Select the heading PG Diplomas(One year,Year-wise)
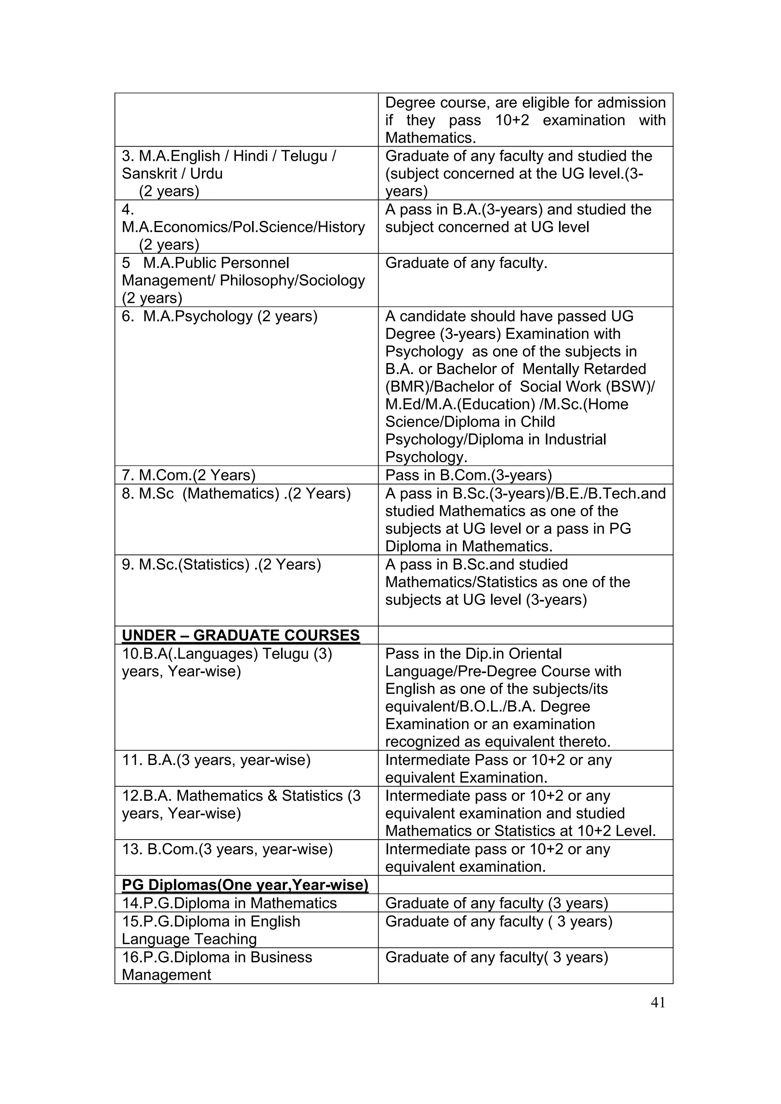click(245, 885)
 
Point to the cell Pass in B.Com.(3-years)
click(468, 475)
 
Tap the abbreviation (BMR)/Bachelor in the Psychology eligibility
click(448, 387)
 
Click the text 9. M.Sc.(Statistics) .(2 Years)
click(221, 564)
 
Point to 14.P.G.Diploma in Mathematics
click(229, 903)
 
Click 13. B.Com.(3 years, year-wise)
click(227, 849)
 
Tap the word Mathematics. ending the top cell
click(430, 138)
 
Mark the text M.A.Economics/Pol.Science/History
click(243, 227)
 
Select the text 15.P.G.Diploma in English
click(211, 921)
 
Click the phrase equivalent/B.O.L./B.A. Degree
click(487, 706)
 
